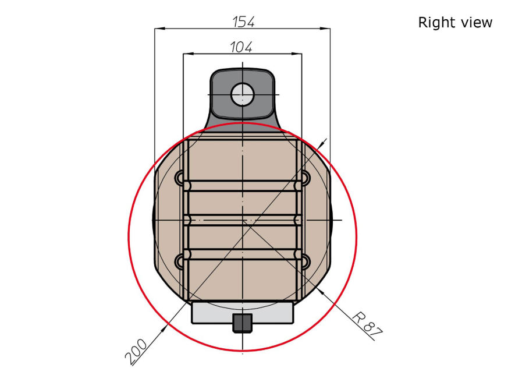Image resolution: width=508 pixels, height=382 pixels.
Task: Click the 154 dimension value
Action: point(244,22)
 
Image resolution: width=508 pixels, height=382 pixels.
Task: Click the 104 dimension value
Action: point(241,47)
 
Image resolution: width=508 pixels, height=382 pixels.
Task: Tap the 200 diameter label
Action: point(136,352)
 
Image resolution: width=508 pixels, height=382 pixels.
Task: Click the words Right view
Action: point(455,22)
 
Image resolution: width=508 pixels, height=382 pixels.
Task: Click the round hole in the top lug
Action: point(242,94)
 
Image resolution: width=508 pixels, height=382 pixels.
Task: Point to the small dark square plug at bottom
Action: point(242,323)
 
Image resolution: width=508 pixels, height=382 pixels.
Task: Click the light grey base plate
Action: point(242,312)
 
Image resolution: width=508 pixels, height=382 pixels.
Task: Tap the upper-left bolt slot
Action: point(179,178)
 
